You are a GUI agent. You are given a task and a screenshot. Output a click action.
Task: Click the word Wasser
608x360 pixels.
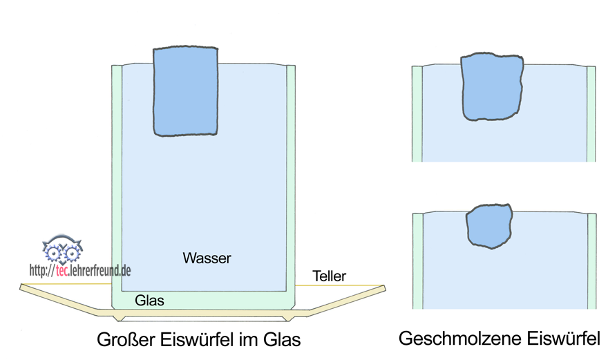point(207,258)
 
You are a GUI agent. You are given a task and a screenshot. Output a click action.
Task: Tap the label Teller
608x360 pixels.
point(329,276)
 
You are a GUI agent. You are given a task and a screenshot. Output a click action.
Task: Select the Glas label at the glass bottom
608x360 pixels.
point(149,300)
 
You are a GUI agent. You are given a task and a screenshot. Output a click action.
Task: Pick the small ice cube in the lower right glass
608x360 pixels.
point(490,226)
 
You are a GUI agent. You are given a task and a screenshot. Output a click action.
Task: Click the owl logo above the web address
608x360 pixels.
point(63,248)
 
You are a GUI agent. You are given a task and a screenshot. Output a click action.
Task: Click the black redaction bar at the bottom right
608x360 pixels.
point(504,338)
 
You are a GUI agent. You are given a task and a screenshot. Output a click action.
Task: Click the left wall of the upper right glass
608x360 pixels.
point(417,114)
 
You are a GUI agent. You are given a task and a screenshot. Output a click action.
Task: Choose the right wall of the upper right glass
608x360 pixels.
point(591,114)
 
